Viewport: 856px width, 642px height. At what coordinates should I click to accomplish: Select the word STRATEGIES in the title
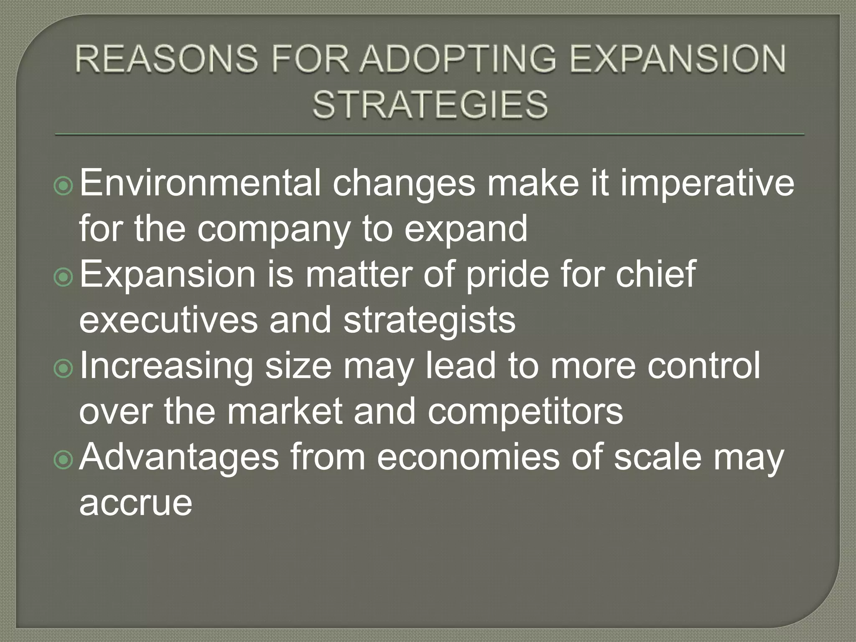tap(430, 104)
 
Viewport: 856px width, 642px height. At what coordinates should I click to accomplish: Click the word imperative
tap(707, 184)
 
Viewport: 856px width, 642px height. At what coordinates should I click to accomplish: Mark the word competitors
tap(525, 411)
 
